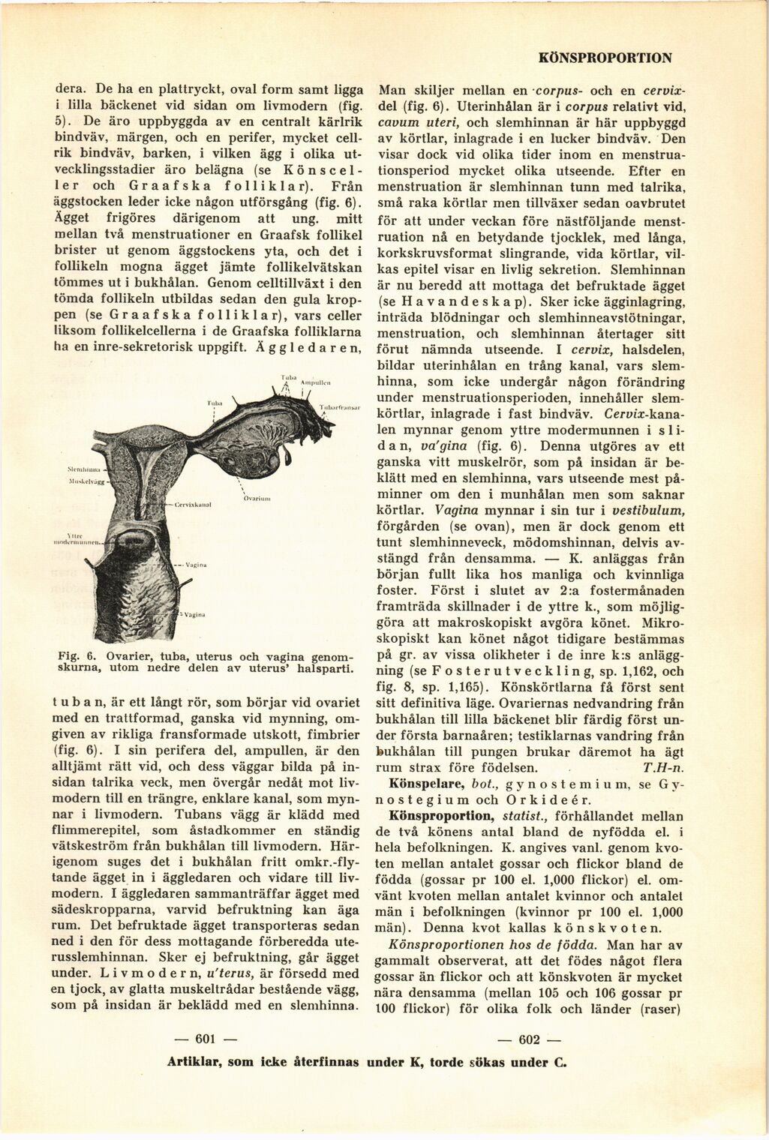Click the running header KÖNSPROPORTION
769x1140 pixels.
[x=605, y=57]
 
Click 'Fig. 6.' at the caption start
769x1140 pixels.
[x=74, y=655]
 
